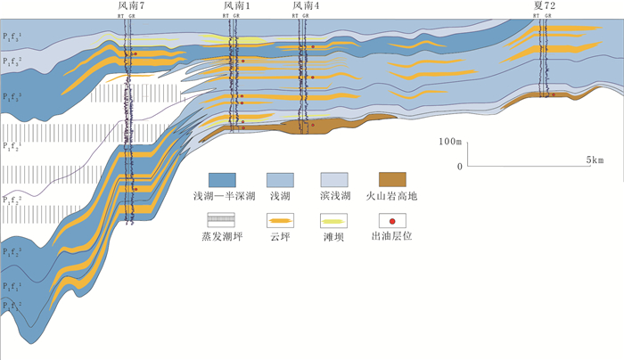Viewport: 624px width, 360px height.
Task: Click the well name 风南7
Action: [131, 6]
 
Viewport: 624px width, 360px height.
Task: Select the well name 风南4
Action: [307, 6]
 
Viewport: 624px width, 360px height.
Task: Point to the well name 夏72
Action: [545, 6]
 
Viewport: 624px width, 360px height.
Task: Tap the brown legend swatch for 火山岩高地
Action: [392, 177]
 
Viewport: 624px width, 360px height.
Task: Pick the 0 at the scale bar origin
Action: [459, 166]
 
